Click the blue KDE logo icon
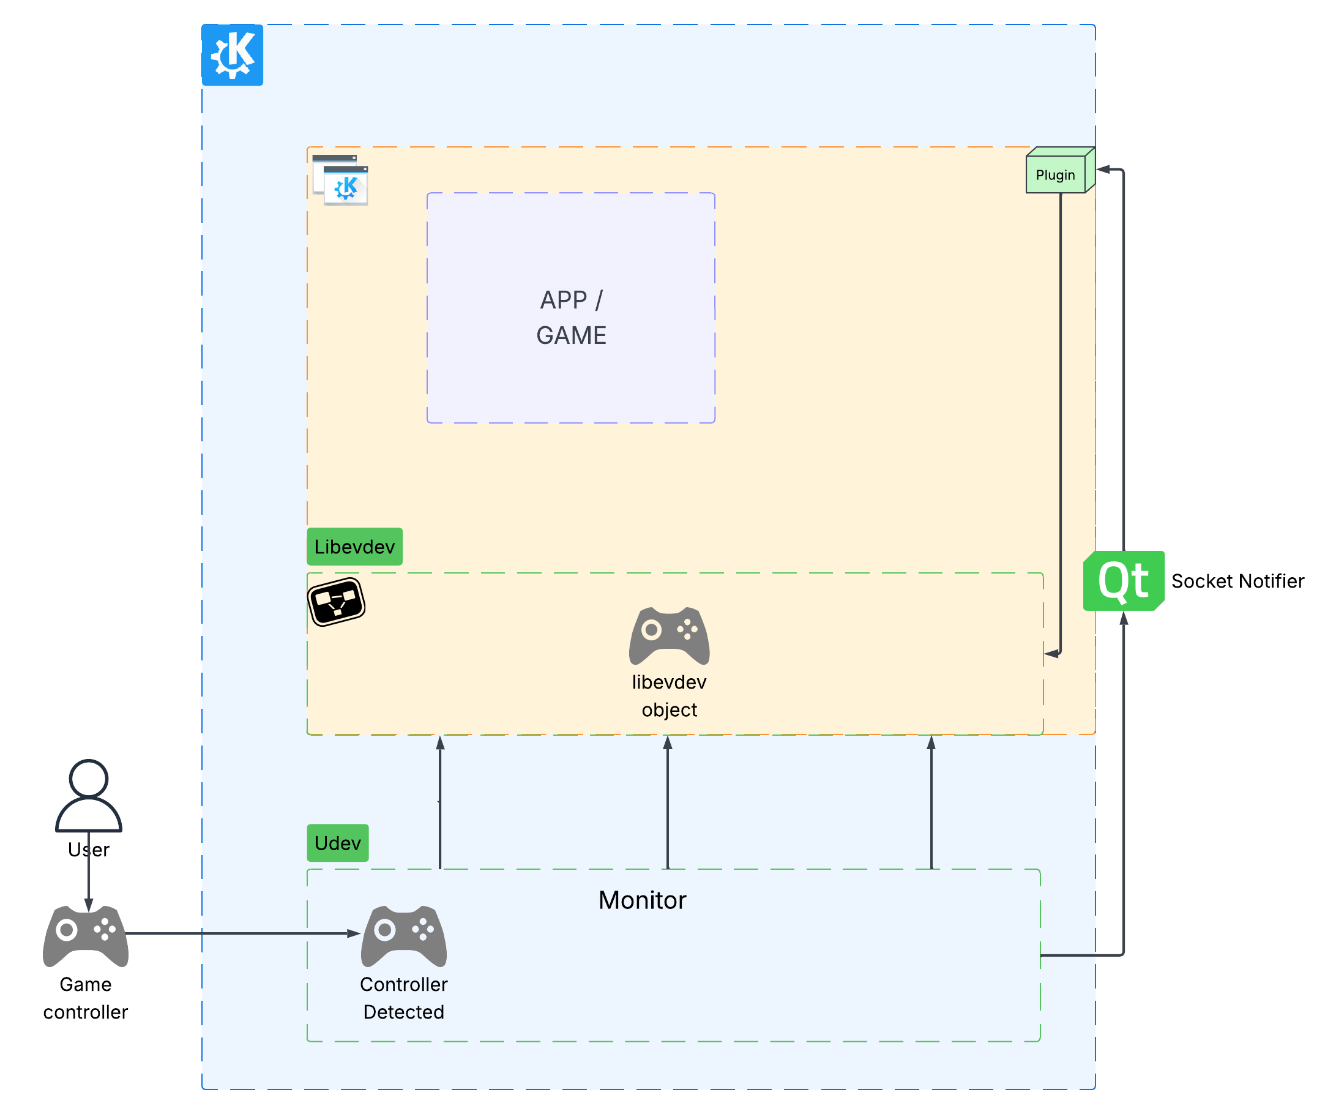(232, 54)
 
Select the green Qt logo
(1124, 581)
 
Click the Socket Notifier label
(1237, 581)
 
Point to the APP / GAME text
(571, 318)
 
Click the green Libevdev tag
(354, 547)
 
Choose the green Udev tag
(337, 843)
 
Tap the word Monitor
(642, 900)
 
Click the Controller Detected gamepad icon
(404, 935)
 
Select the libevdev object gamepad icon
(670, 635)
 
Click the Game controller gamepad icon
(86, 935)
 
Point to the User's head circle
(88, 778)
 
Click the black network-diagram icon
(336, 602)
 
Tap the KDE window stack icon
(340, 180)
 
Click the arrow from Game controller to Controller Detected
(242, 933)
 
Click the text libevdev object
(670, 696)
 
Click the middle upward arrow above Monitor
(667, 802)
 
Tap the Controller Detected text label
(404, 998)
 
